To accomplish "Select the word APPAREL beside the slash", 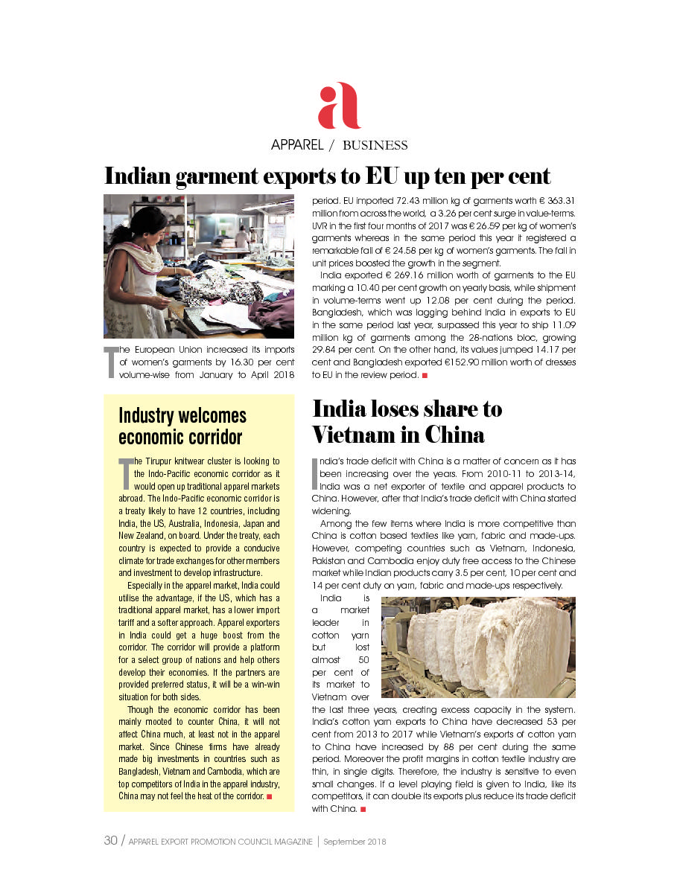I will pos(296,145).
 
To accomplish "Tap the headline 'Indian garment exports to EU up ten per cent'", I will pos(327,176).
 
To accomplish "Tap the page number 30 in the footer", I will pos(110,841).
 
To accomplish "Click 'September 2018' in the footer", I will pos(355,842).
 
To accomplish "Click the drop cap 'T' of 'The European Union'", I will pos(109,362).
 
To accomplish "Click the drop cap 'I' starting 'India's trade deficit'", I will pos(314,472).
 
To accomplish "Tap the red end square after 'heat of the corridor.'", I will pos(269,796).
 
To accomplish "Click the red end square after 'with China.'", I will pos(363,809).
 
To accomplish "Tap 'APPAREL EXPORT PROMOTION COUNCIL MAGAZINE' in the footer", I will pos(220,842).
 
